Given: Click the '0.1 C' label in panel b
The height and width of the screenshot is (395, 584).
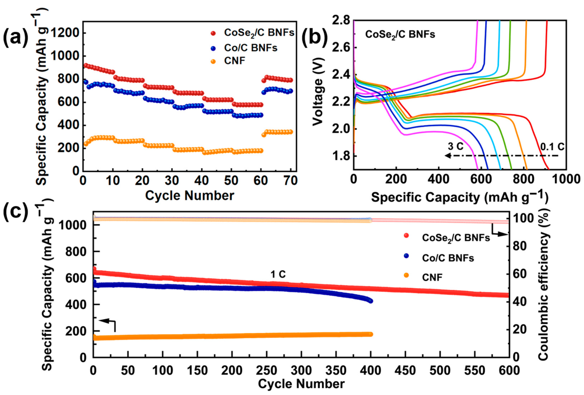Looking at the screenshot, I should click(x=552, y=147).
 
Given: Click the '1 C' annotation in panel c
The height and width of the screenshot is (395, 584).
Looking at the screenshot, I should click(x=278, y=274).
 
